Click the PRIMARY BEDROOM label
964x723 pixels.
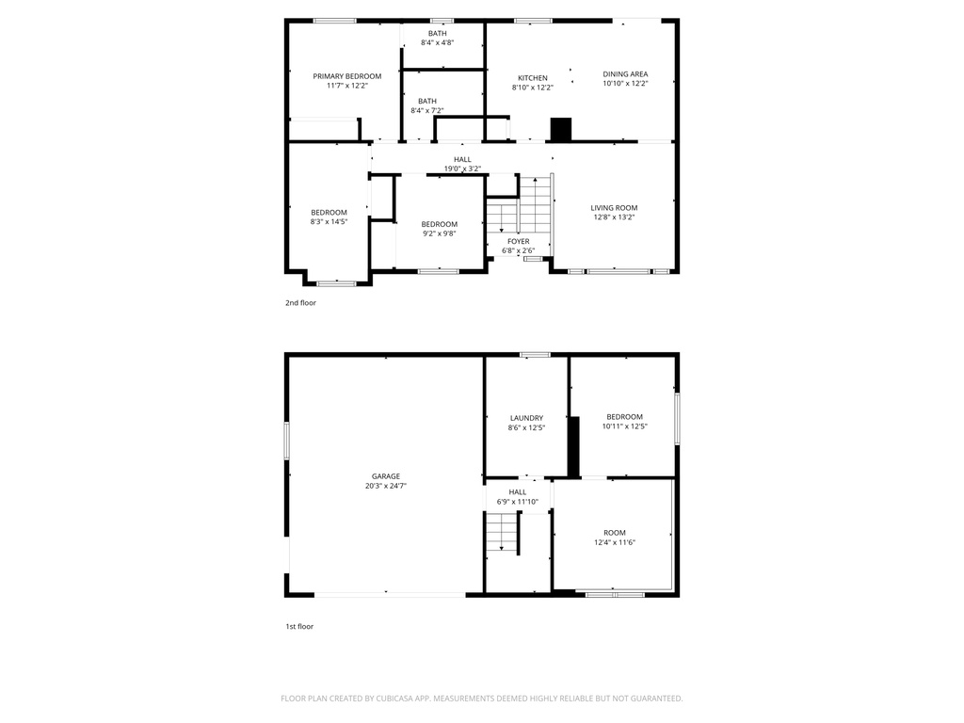347,76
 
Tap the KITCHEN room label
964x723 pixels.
532,78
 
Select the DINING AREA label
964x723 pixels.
625,74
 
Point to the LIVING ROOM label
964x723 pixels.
614,208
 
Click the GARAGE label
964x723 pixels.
385,476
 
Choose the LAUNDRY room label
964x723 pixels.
526,418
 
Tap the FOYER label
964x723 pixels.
518,242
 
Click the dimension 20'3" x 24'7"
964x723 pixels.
385,487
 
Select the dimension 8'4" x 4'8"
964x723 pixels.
437,42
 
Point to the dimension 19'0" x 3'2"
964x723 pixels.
462,169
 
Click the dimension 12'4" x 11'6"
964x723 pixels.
614,542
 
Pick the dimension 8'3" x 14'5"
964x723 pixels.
329,222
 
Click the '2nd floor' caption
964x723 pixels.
300,303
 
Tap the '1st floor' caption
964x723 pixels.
299,626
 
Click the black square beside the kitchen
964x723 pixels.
560,129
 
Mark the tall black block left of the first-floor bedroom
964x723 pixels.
573,447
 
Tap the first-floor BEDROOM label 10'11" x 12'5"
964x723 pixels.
624,417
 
